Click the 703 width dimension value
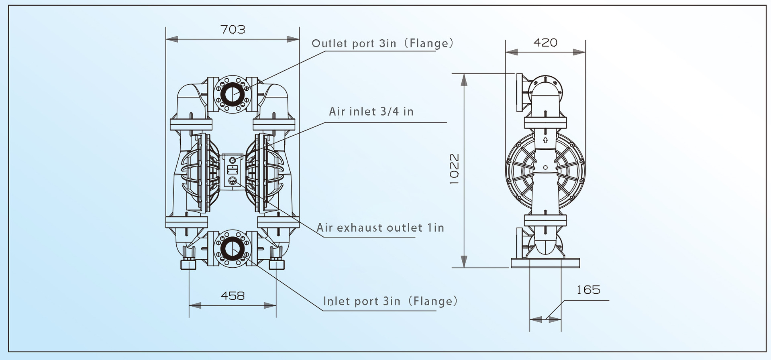[x=233, y=30]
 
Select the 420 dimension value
[x=545, y=43]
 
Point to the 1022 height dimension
[x=454, y=169]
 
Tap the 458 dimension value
[x=233, y=296]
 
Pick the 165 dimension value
[x=588, y=290]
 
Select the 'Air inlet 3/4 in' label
[x=371, y=112]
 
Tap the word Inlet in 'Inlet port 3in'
[x=334, y=301]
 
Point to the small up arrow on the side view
[x=545, y=140]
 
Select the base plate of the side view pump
[x=545, y=263]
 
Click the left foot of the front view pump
[x=189, y=264]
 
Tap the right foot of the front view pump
[x=276, y=264]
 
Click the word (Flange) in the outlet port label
[x=429, y=43]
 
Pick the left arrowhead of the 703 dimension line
[x=171, y=39]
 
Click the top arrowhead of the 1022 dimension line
[x=464, y=80]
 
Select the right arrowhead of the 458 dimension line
[x=270, y=306]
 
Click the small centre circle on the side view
[x=545, y=167]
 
